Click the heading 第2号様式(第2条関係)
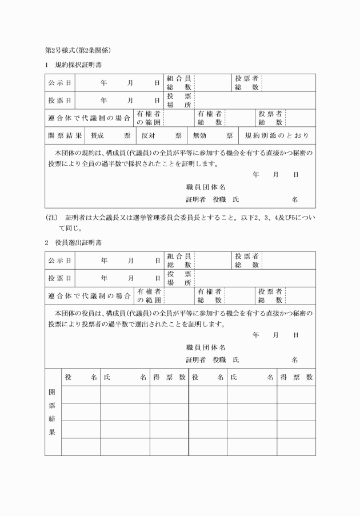tap(78, 51)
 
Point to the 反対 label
tap(149, 136)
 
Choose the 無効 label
tap(199, 136)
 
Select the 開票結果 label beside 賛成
tap(65, 136)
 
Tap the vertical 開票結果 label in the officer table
tap(53, 413)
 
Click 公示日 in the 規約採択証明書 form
tap(60, 83)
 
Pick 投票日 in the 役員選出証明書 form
tap(60, 278)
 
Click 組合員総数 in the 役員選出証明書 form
tap(179, 260)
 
